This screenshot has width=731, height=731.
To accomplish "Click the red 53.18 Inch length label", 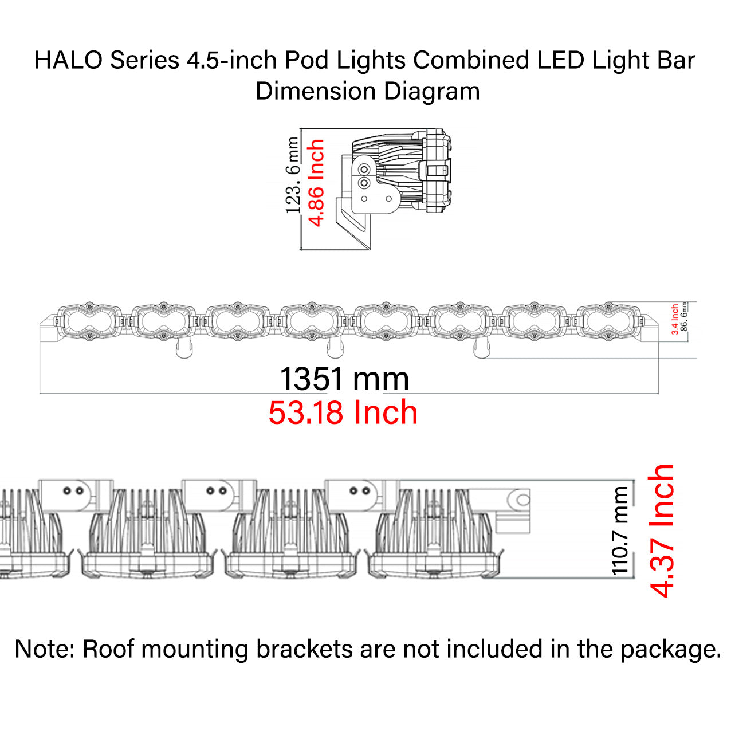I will (343, 412).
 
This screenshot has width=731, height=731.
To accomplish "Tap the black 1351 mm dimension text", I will (344, 379).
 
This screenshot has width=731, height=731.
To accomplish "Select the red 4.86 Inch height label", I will (316, 183).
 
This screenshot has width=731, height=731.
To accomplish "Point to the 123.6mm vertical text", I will (293, 175).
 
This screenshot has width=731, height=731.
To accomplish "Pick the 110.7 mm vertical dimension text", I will (620, 530).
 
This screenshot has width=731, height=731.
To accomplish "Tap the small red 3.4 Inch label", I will (675, 319).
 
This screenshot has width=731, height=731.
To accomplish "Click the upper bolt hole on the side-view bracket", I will (364, 170).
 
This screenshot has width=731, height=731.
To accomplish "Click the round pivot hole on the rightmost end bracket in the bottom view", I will (522, 500).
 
